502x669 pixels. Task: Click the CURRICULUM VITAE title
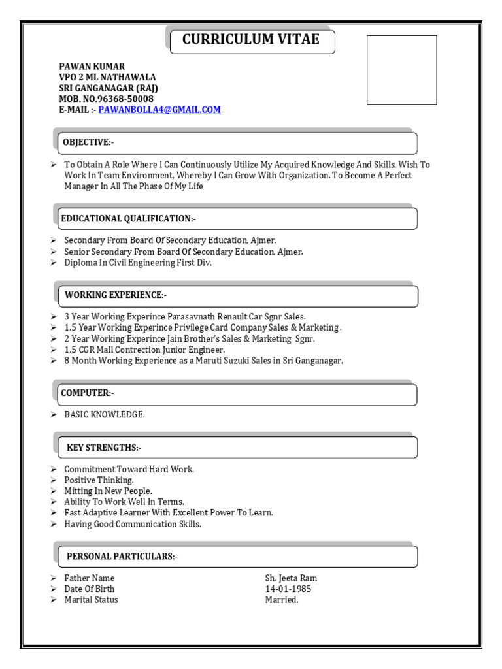click(x=251, y=40)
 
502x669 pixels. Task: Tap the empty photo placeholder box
click(x=401, y=70)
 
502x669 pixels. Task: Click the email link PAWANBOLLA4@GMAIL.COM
click(x=159, y=110)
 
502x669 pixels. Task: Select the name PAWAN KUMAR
click(x=92, y=67)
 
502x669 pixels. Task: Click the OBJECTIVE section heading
click(x=88, y=143)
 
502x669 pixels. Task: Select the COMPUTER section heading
click(x=88, y=393)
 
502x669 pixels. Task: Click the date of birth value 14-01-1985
click(x=288, y=589)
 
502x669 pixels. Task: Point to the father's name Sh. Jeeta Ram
click(x=291, y=578)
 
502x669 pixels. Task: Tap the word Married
click(x=281, y=600)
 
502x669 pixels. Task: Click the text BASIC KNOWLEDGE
click(x=105, y=415)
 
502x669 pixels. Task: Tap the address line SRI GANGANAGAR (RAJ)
click(x=109, y=88)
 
